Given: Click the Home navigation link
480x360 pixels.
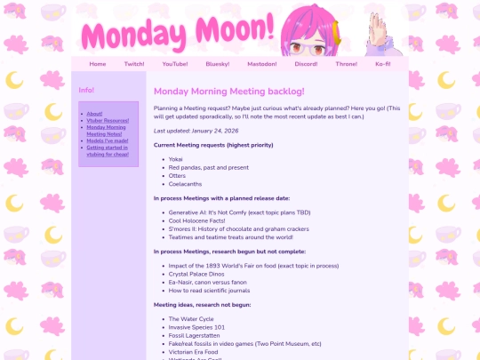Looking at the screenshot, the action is tap(98, 64).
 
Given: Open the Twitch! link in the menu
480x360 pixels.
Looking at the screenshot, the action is tap(134, 64).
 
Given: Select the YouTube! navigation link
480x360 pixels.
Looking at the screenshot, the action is tap(175, 64).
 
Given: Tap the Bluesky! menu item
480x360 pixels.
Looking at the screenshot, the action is tap(218, 64).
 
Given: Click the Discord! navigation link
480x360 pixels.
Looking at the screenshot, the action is tap(306, 64).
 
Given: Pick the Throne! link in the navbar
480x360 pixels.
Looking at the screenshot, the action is tap(347, 64).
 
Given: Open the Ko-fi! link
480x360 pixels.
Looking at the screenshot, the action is tap(383, 64).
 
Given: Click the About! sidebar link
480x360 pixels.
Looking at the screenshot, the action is tap(95, 114).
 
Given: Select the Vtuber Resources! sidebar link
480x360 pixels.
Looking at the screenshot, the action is tap(108, 120).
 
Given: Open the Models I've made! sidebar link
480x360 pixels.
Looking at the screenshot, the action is tap(108, 140).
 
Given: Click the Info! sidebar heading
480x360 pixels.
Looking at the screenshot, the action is tap(86, 91).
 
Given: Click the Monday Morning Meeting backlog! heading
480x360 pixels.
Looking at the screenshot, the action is tap(229, 92).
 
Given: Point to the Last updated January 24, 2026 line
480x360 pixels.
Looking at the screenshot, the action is tap(196, 131).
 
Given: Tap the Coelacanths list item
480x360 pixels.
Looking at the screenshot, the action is tap(186, 184).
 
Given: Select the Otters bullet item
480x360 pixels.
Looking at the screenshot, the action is tap(177, 175).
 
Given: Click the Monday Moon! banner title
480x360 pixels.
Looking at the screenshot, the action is tap(178, 34).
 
